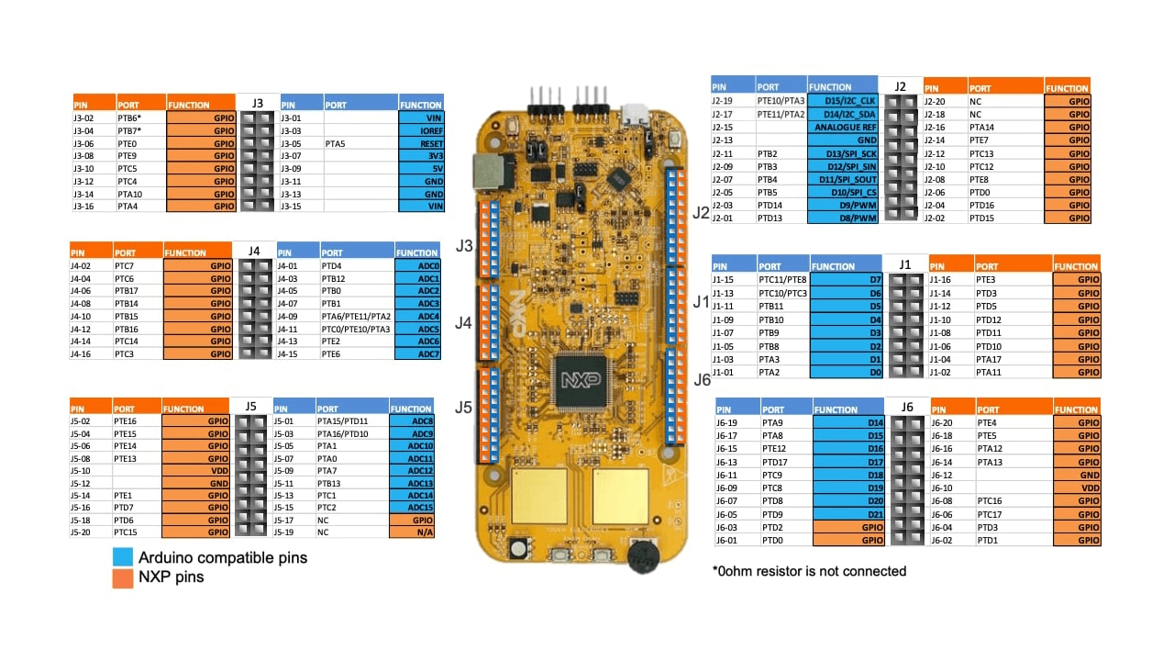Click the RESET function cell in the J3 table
(x=421, y=144)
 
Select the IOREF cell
(x=421, y=131)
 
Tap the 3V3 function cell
(x=421, y=156)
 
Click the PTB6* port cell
(x=140, y=118)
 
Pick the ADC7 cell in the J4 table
(x=417, y=354)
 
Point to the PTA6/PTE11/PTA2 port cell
(x=356, y=316)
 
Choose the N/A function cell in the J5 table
(x=412, y=532)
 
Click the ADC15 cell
(x=412, y=508)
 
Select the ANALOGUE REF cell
(x=843, y=128)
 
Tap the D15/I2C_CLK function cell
(x=843, y=101)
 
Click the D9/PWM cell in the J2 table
(x=843, y=206)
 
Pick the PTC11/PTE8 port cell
(x=782, y=280)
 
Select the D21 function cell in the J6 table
(x=849, y=514)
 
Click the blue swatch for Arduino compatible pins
(x=123, y=557)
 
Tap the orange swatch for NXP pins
(x=123, y=577)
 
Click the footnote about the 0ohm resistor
(x=809, y=571)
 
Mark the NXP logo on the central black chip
(x=581, y=380)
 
